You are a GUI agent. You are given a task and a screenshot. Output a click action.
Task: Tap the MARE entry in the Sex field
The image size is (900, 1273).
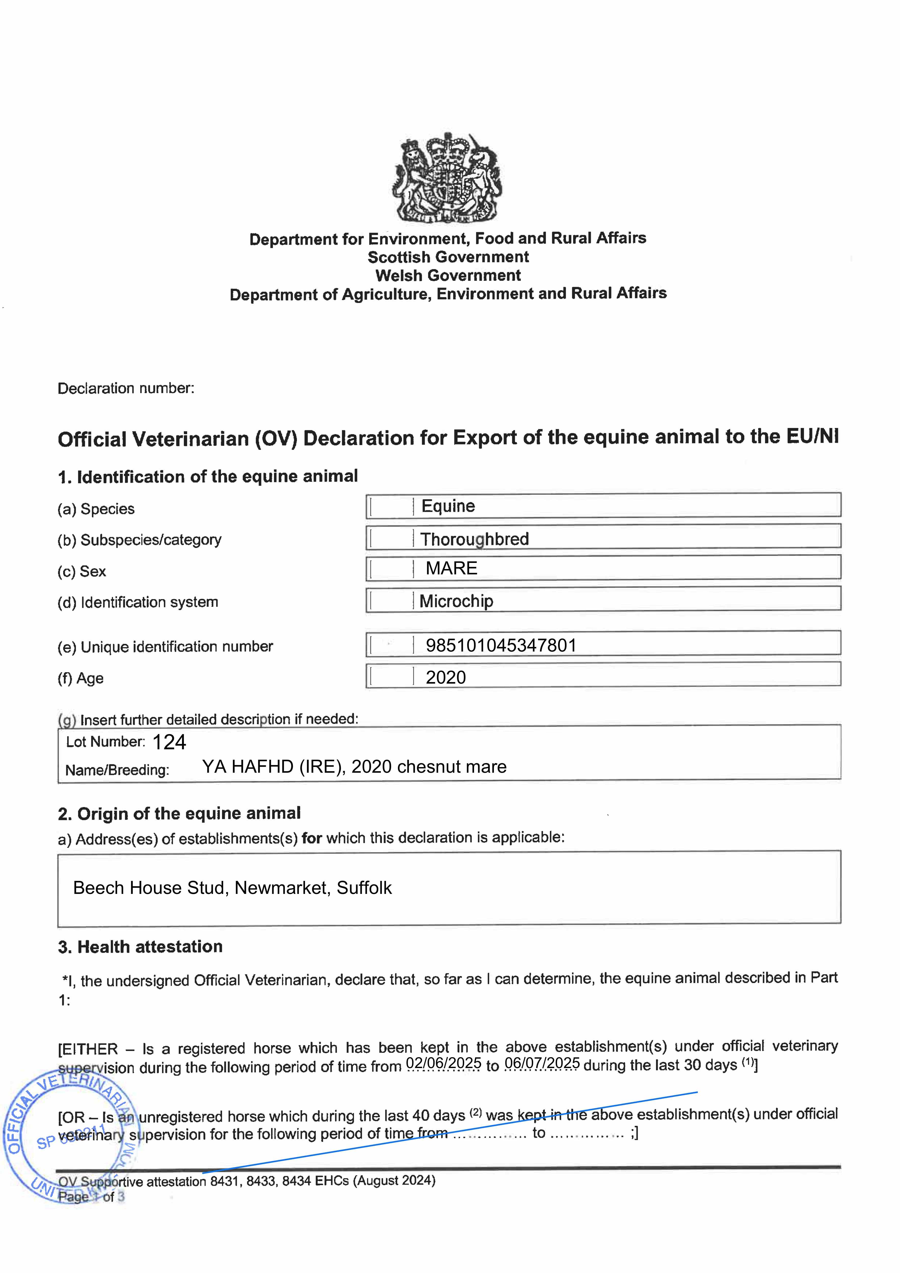[451, 568]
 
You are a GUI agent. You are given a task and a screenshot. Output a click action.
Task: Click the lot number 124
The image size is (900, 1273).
[169, 742]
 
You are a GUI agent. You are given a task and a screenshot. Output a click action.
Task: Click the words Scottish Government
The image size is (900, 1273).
[448, 257]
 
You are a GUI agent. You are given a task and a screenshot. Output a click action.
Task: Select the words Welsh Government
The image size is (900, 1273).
[448, 275]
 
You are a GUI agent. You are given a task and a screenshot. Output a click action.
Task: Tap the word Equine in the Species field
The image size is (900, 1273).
[448, 506]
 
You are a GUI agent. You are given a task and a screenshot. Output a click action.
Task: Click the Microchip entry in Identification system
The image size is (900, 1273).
[456, 601]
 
